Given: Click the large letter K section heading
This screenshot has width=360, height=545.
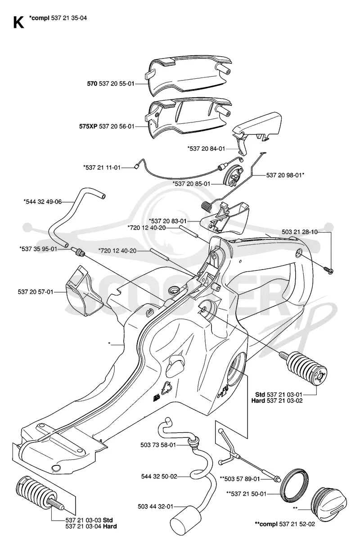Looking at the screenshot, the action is (18, 23).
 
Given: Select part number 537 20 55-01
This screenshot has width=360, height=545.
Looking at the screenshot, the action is (117, 84).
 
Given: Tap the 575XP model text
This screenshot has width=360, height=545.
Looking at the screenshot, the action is (88, 126).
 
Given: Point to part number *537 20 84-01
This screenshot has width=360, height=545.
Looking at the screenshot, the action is (206, 149).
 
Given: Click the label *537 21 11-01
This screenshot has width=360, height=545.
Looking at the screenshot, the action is (102, 167).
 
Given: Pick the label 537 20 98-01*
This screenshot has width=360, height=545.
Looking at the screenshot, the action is (285, 175).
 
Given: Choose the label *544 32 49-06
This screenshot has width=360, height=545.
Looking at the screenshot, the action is (43, 202).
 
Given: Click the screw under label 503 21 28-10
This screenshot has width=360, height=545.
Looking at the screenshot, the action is (328, 270).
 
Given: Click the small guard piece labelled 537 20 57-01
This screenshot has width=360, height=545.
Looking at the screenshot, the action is (85, 292).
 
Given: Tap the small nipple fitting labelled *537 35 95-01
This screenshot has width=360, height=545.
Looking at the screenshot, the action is (78, 251).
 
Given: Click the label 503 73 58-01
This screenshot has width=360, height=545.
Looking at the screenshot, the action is (158, 445).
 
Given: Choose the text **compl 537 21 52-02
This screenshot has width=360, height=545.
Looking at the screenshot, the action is (285, 524).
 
